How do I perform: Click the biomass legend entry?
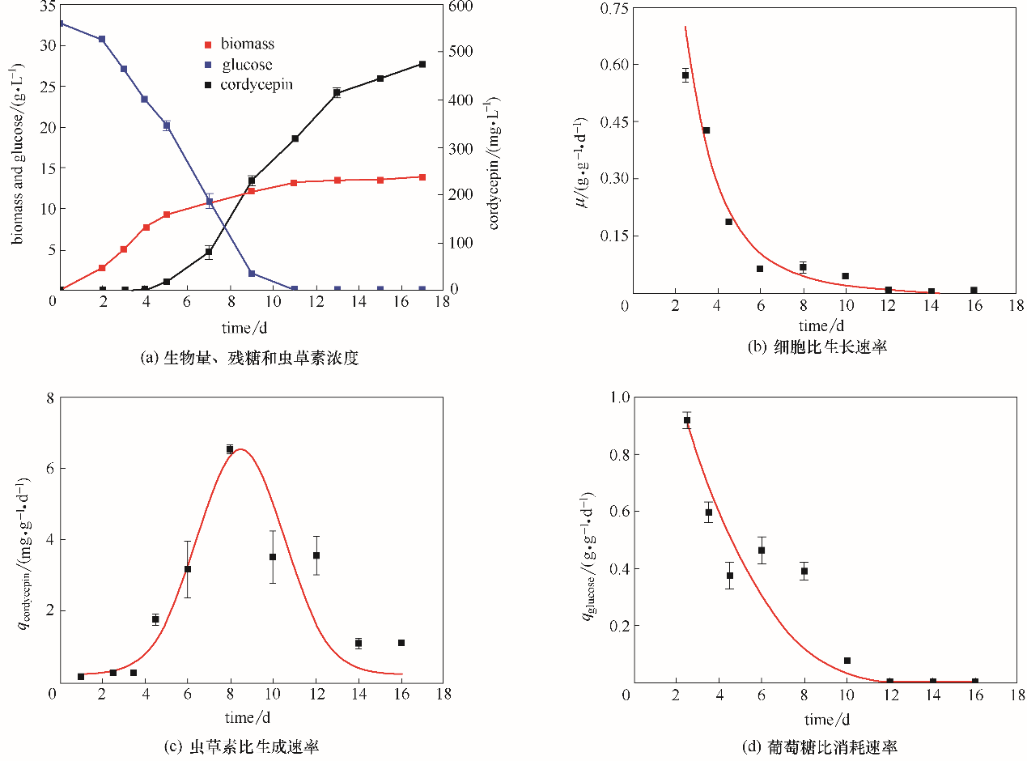(x=244, y=44)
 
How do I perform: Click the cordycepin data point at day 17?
(x=422, y=64)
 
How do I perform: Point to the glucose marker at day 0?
(x=60, y=23)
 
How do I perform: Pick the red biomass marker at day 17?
(x=422, y=176)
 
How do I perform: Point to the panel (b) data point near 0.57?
(x=685, y=75)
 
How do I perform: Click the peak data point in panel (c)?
(x=230, y=449)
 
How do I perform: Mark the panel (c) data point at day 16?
(x=401, y=643)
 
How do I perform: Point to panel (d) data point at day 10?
(x=847, y=661)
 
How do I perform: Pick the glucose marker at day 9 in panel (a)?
(x=252, y=274)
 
